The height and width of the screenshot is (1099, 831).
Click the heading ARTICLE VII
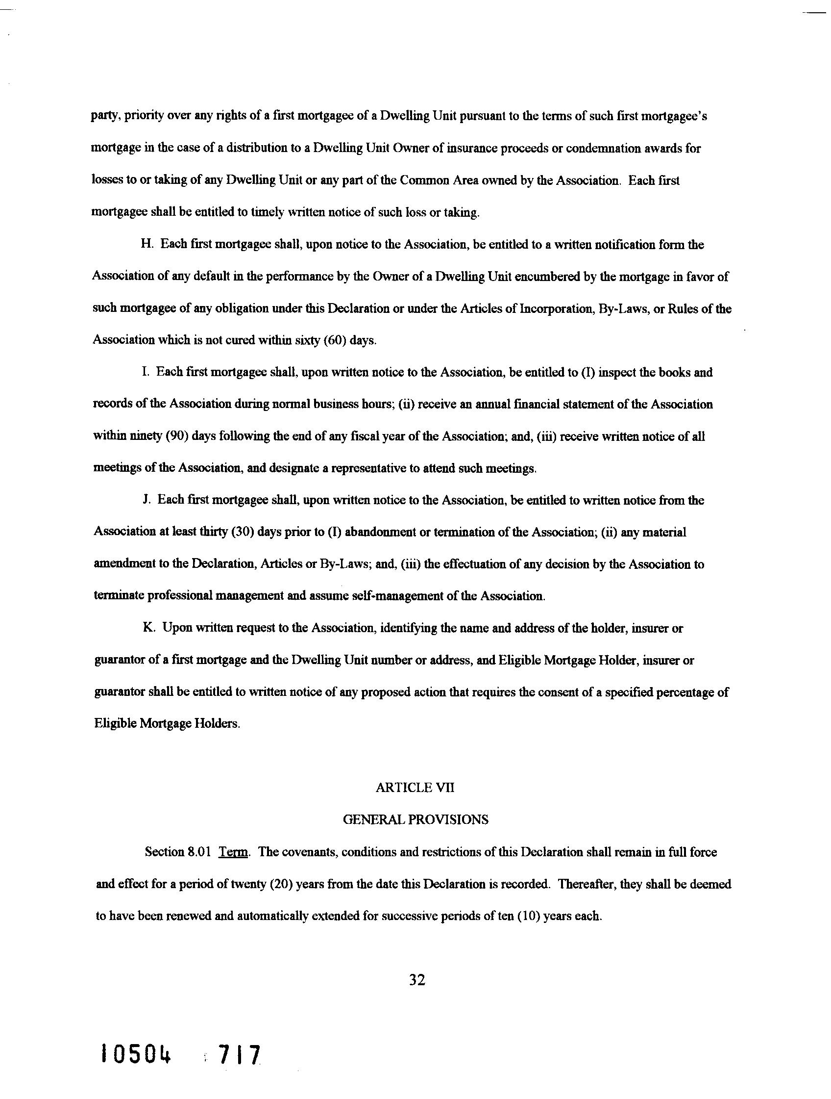[x=415, y=788]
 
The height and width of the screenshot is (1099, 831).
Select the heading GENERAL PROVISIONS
[x=415, y=820]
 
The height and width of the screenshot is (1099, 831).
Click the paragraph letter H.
[x=147, y=245]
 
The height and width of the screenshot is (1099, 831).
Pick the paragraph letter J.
[x=147, y=500]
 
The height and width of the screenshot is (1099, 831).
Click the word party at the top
[x=105, y=117]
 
